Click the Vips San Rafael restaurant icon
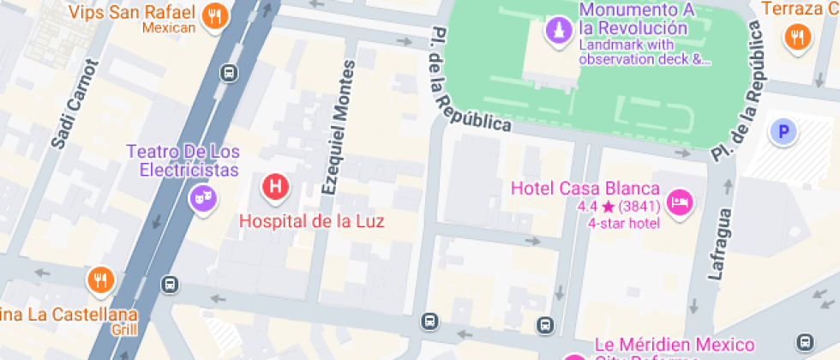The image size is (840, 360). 215,15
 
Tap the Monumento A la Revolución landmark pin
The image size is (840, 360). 559,32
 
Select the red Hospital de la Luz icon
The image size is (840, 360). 275,185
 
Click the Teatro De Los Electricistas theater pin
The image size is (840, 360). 203,200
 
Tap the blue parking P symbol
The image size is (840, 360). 783,131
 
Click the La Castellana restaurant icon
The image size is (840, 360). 100,279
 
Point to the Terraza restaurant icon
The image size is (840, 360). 798,36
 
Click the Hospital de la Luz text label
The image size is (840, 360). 312,221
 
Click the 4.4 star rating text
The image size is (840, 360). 617,207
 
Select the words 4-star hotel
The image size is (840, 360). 623,224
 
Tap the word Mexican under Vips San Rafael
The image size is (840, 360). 169,27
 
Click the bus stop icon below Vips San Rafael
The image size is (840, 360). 229,73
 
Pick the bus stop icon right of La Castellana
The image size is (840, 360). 171,284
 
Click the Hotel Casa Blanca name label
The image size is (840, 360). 585,189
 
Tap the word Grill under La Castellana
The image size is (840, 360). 123,328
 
